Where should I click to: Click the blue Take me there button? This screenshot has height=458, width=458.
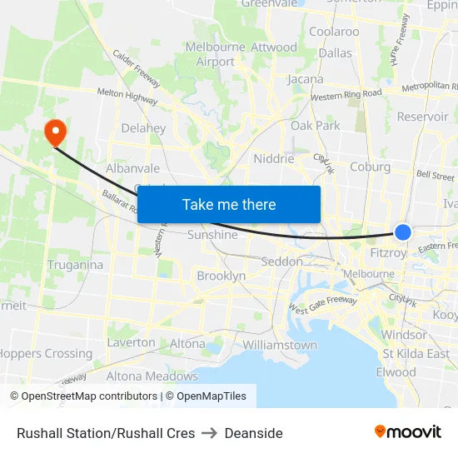229,204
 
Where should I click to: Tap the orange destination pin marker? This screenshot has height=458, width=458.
55,132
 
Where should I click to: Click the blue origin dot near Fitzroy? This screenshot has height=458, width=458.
403,232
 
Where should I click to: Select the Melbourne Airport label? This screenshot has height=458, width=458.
216,54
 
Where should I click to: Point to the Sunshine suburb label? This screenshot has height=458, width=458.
212,235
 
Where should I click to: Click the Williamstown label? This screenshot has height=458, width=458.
280,345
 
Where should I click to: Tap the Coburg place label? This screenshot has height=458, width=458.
371,167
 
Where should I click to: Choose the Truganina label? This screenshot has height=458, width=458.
76,265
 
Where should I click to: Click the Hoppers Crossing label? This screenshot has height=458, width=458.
46,353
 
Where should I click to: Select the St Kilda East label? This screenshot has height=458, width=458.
416,353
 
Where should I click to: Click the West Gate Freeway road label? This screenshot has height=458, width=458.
322,306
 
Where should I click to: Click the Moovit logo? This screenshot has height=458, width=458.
408,431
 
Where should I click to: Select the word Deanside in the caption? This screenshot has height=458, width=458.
254,433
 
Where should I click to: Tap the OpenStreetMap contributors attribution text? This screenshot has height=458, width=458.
83,396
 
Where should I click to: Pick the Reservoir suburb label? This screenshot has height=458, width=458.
423,117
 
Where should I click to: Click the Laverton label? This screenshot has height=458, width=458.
131,342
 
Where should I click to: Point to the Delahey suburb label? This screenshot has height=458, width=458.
143,128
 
